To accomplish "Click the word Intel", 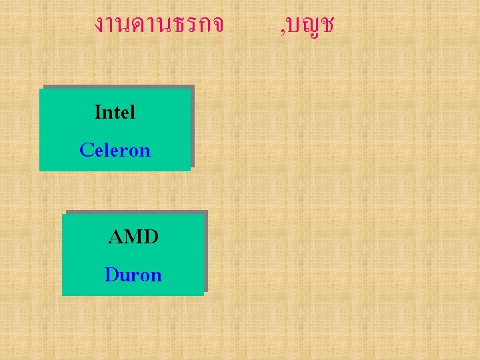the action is point(115,112).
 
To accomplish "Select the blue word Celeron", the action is point(115,150).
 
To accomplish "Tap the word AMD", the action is point(133,237).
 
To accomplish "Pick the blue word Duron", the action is point(133,275).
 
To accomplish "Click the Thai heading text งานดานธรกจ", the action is point(159,25).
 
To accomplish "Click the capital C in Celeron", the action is point(85,150).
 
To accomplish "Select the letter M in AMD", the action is point(133,237).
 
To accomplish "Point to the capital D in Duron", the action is point(111,275).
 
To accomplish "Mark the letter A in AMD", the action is point(116,237).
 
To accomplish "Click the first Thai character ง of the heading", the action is point(100,26).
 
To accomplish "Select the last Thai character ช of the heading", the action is point(326,26).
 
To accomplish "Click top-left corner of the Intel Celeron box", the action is point(40,89).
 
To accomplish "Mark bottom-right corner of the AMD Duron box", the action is point(203,295).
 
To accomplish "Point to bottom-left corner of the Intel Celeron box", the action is point(40,171).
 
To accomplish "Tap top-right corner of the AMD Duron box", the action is point(203,214).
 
